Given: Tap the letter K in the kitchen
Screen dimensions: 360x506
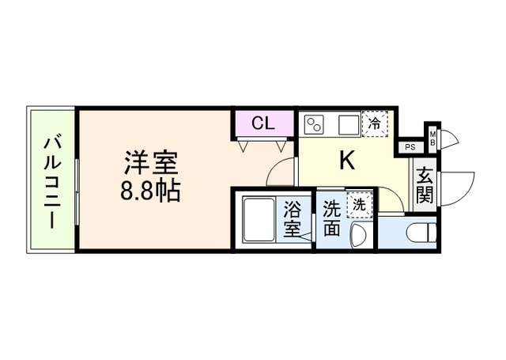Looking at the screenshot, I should (347, 161).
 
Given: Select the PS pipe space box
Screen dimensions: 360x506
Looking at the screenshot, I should (410, 146).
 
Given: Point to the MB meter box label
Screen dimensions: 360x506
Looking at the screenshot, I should (432, 137).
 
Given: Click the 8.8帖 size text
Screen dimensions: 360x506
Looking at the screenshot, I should (149, 191).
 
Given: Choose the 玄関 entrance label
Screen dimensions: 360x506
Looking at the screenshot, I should (425, 184).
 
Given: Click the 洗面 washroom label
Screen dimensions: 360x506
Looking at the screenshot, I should (331, 219).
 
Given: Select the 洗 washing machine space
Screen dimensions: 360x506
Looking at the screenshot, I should (359, 203).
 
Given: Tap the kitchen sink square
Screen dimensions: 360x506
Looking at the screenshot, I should (348, 124).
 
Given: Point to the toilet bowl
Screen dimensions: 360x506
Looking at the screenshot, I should (420, 233).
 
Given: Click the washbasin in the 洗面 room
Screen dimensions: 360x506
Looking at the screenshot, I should (359, 234).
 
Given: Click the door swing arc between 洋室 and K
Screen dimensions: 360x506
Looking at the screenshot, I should (280, 170).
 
